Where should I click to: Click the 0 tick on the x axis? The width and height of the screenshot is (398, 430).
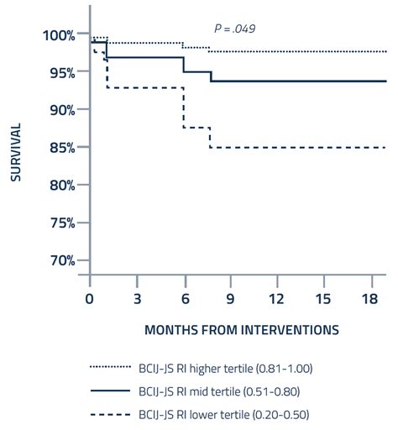[90, 298]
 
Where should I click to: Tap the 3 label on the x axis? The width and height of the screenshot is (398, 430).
[137, 298]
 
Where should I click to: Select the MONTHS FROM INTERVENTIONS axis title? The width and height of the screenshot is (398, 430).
[241, 330]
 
